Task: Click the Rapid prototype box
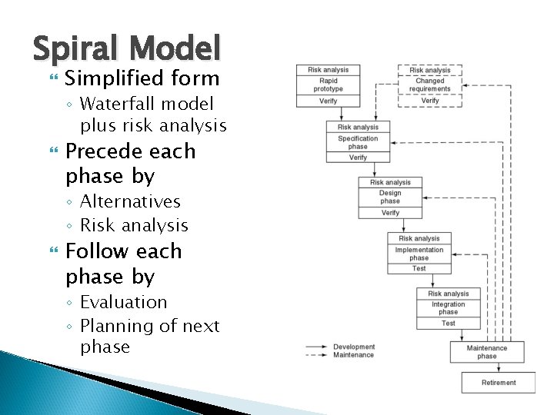click(x=328, y=85)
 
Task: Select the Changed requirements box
click(x=430, y=85)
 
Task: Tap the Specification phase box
click(x=358, y=142)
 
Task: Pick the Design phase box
click(x=390, y=198)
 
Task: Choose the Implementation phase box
click(x=419, y=254)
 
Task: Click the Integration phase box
click(x=449, y=308)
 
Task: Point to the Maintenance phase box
click(x=487, y=352)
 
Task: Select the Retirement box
click(x=499, y=383)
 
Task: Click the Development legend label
click(x=354, y=347)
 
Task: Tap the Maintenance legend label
click(x=354, y=355)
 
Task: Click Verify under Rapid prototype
click(x=328, y=101)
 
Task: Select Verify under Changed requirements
click(x=430, y=101)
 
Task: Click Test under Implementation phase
click(x=419, y=268)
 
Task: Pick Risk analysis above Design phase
click(x=390, y=183)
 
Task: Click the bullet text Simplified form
click(x=142, y=78)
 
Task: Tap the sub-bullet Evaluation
click(x=123, y=302)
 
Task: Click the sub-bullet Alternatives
click(x=130, y=201)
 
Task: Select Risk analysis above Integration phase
click(x=449, y=294)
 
